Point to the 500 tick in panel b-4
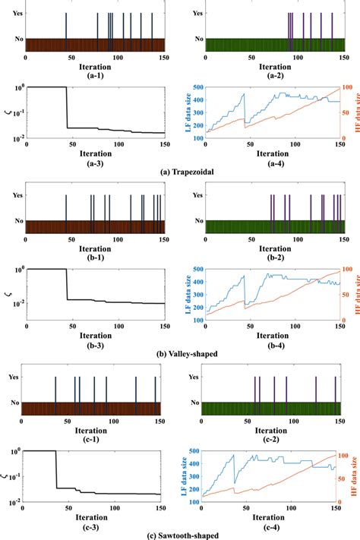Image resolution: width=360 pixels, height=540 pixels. coord(196,269)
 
